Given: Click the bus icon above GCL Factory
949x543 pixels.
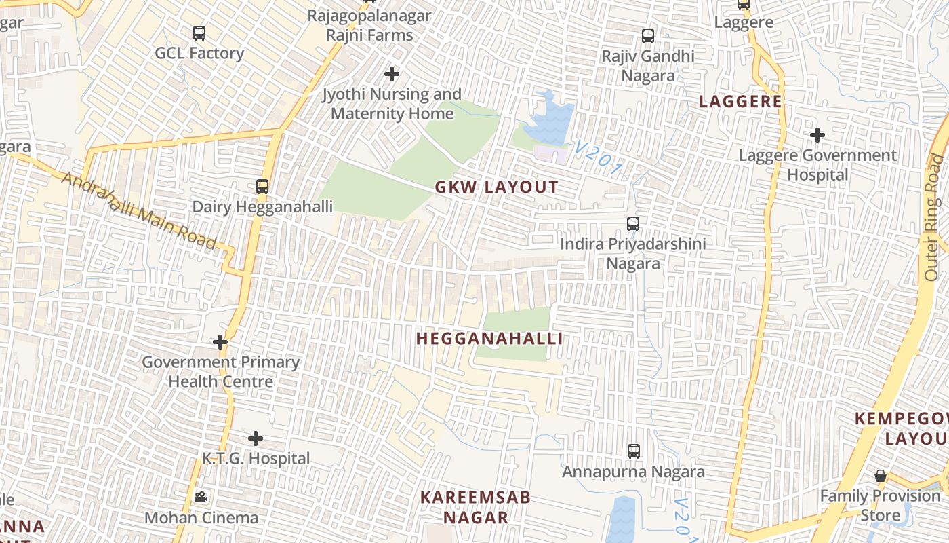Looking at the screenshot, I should click(x=199, y=33).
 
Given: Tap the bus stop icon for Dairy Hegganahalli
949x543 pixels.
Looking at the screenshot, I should click(x=262, y=186).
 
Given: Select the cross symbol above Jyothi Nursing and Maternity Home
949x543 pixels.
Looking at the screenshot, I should click(x=392, y=74).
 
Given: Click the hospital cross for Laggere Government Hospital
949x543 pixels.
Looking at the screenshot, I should click(x=817, y=135).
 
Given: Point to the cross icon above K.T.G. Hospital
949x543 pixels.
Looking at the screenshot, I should click(x=256, y=438).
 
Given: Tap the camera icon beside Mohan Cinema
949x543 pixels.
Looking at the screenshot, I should click(x=201, y=498).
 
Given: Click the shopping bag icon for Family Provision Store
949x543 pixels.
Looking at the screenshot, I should click(x=881, y=476).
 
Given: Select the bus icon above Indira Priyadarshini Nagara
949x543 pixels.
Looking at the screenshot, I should click(x=633, y=223).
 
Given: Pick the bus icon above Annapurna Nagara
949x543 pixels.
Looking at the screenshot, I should click(x=634, y=451).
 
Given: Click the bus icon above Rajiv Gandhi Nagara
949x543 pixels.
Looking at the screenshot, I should click(x=648, y=35).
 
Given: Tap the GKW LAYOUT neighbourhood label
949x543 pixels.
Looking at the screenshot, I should click(x=497, y=187).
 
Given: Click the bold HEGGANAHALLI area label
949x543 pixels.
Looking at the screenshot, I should click(x=489, y=339).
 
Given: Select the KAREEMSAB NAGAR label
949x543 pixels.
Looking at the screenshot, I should click(x=475, y=507).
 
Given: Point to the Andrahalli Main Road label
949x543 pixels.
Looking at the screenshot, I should click(x=139, y=210).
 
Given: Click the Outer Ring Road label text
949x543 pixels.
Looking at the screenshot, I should click(x=935, y=217).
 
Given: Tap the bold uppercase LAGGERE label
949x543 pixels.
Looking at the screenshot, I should click(x=740, y=102).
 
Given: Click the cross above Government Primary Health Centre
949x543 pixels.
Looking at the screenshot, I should click(x=220, y=342).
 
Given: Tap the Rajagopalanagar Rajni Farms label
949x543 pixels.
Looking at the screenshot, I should click(x=369, y=26).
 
